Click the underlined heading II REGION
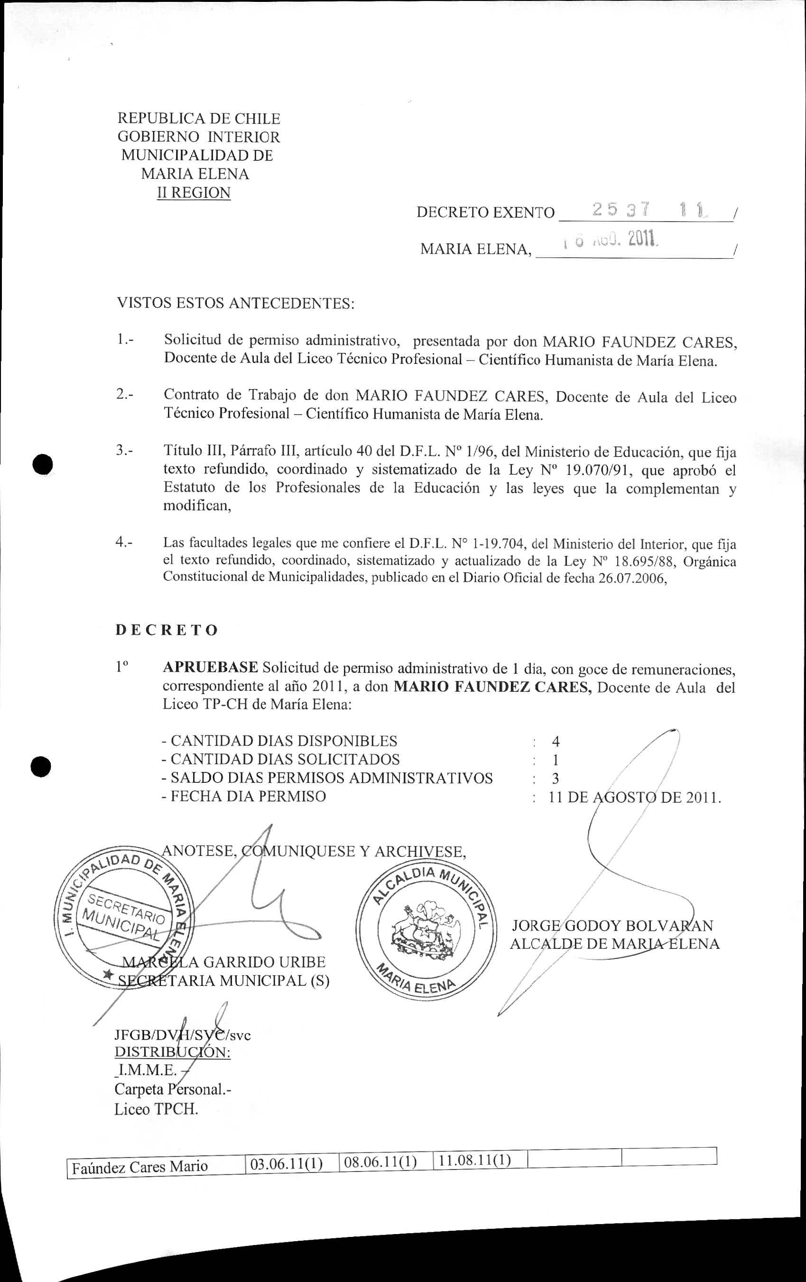click(x=194, y=193)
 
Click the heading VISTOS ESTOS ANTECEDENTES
click(x=235, y=304)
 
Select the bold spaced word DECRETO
click(x=167, y=631)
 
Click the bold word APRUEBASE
click(x=210, y=668)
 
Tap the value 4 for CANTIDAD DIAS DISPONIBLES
click(x=555, y=742)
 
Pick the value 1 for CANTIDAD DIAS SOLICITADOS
click(x=555, y=760)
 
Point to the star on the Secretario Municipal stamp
click(x=108, y=974)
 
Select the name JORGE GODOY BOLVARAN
click(x=612, y=926)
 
